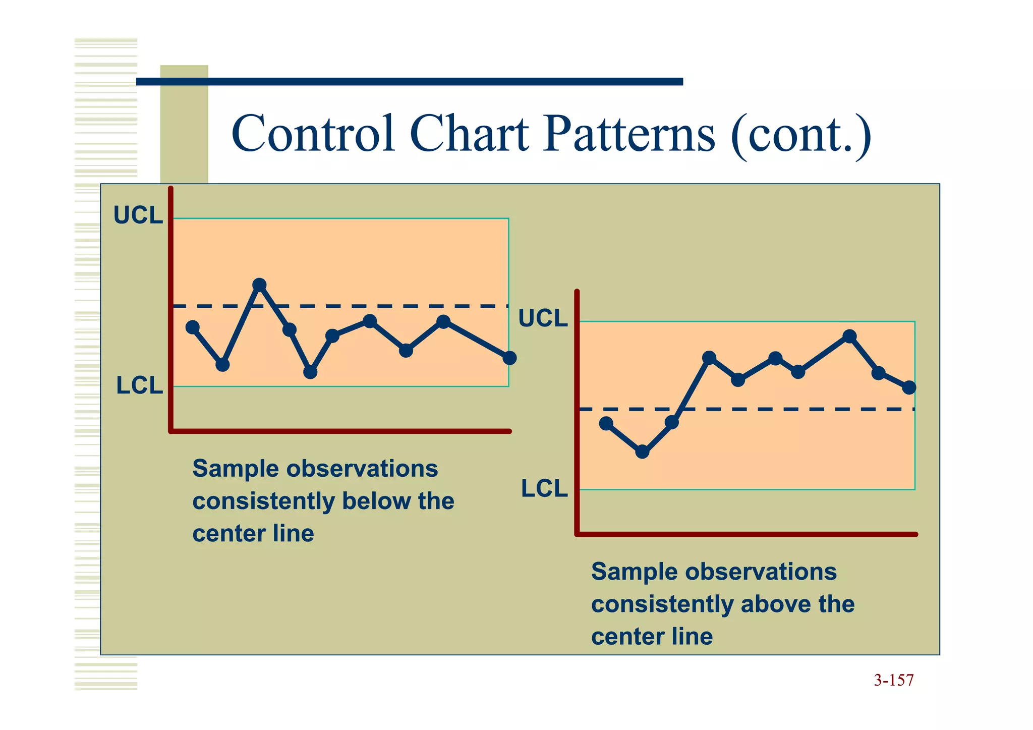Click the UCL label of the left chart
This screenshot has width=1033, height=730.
point(138,215)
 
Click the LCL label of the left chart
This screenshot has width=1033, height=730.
point(140,386)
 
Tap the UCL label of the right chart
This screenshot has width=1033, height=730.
point(543,318)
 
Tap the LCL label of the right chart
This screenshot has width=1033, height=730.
point(544,489)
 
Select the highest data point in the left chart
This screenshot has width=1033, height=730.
point(259,285)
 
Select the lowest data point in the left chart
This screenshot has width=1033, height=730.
point(310,372)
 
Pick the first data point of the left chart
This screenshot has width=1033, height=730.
point(192,327)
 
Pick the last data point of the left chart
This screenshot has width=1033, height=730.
point(509,358)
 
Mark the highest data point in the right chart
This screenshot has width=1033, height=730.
point(849,336)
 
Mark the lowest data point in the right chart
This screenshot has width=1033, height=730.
point(642,452)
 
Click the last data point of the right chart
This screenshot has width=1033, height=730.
point(909,387)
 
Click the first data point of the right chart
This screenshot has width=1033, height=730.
point(606,423)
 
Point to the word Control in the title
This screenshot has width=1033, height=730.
point(313,134)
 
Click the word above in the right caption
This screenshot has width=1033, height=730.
point(775,604)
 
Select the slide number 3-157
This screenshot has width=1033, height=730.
point(893,681)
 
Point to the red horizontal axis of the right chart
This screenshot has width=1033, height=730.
point(747,534)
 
